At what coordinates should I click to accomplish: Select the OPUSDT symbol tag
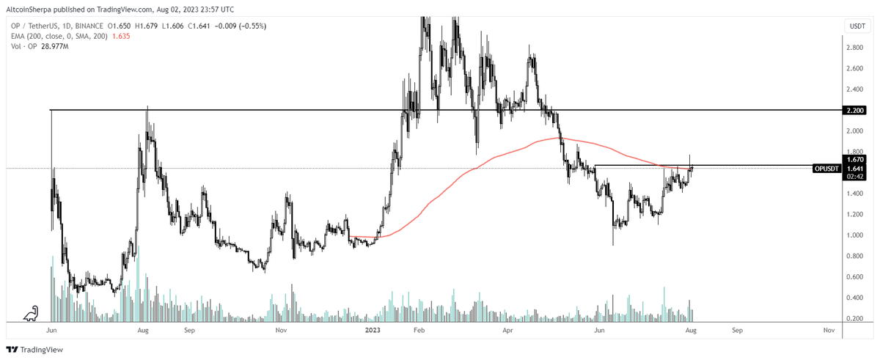pyautogui.click(x=827, y=169)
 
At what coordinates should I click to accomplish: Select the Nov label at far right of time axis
pyautogui.click(x=829, y=331)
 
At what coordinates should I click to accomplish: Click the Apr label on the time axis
pyautogui.click(x=509, y=331)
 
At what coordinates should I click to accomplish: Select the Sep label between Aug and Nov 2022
pyautogui.click(x=189, y=331)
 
